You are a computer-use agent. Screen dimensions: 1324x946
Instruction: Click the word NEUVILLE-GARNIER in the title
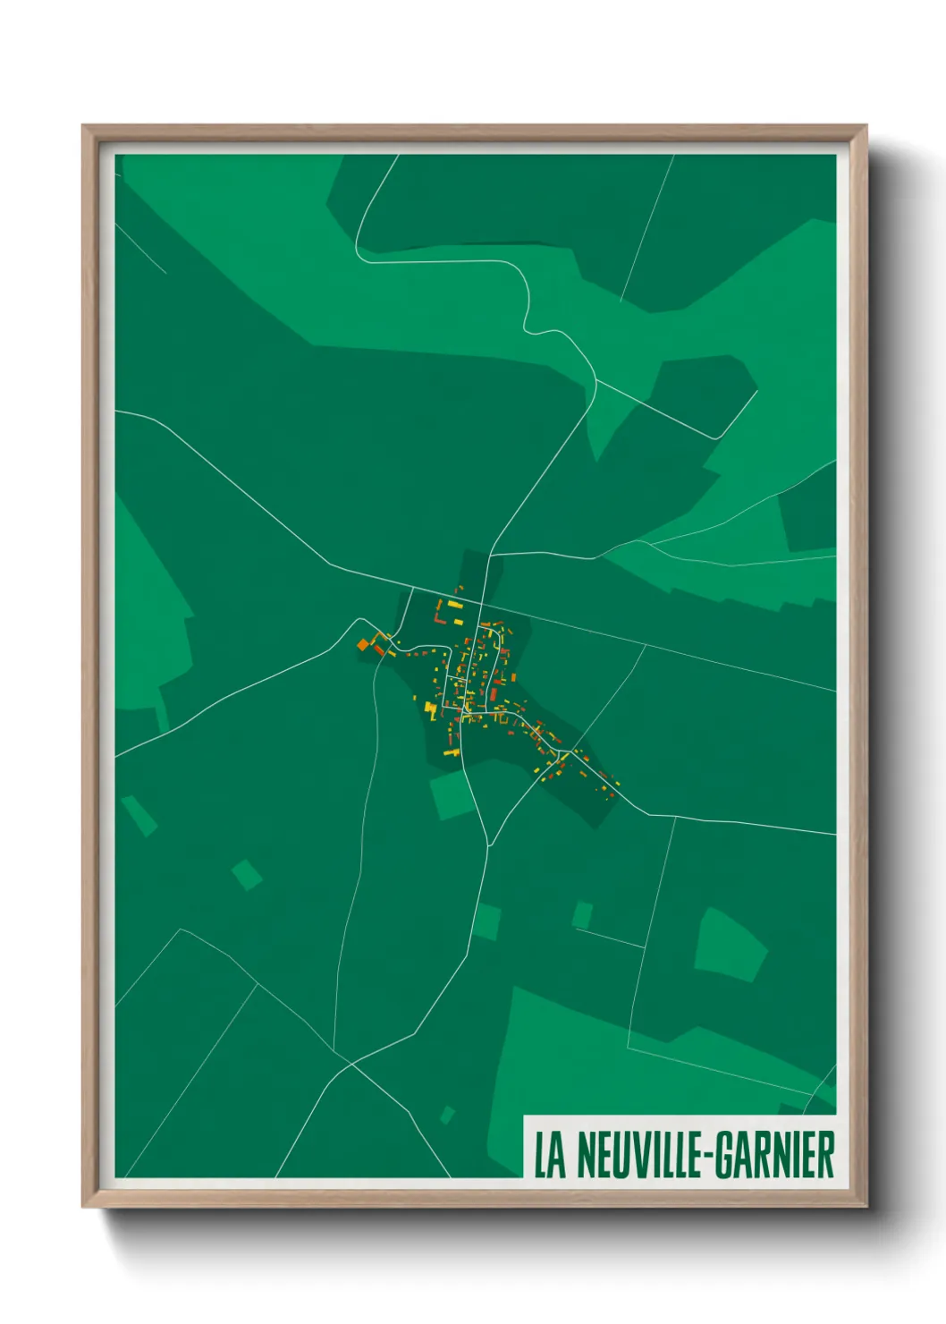pos(705,1155)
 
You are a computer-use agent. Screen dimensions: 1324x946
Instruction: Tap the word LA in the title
pos(550,1155)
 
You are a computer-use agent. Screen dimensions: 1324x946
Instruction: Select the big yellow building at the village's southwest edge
pos(430,710)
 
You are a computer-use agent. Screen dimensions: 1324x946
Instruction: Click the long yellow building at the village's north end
pos(455,606)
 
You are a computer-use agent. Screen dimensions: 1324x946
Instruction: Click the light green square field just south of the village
pos(452,795)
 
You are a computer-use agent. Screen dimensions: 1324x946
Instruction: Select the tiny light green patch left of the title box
pos(447,1114)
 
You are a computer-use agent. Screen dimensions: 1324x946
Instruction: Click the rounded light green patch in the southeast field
pos(730,945)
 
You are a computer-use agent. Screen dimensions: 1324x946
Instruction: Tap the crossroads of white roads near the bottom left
pos(351,1064)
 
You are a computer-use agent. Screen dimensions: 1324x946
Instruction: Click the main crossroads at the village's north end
pos(486,601)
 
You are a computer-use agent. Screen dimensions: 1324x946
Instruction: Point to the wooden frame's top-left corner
pos(84,127)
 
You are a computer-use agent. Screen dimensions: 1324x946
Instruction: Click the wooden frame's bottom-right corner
pos(865,1206)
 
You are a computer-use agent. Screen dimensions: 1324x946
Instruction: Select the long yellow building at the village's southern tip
pos(452,752)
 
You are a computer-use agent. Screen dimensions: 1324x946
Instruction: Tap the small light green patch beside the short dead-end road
pos(582,914)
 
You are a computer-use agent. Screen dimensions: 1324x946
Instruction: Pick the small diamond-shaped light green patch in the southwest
pos(247,874)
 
